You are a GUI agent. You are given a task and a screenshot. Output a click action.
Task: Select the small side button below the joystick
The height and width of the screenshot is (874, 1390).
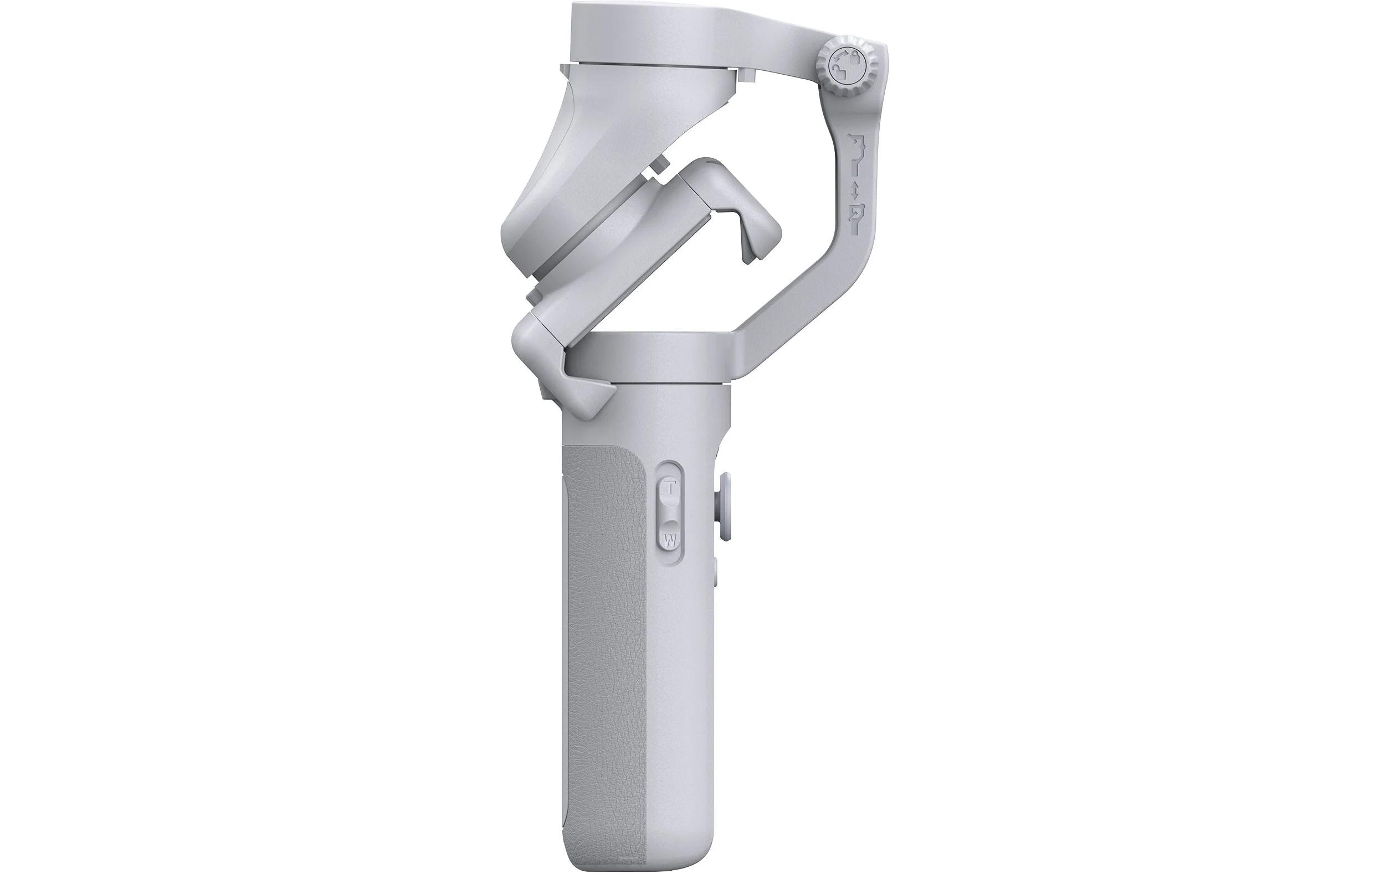coord(716,571)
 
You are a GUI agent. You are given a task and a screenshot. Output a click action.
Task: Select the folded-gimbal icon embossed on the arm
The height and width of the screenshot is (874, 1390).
coord(858,216)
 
